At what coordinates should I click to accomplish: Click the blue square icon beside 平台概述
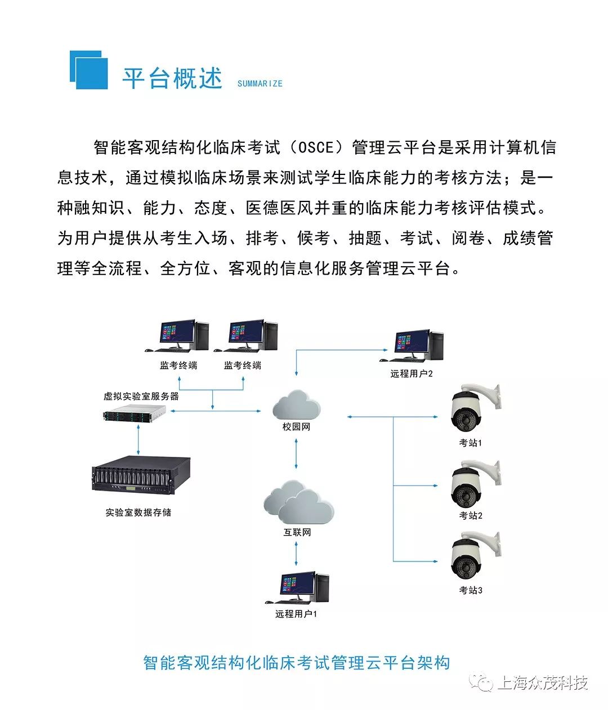(x=89, y=70)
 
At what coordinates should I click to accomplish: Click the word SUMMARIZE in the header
(x=260, y=83)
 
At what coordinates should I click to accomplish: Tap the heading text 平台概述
(x=172, y=78)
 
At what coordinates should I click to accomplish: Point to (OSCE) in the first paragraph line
(x=316, y=148)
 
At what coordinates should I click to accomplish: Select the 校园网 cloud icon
(x=296, y=404)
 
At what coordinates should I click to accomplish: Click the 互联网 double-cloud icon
(x=298, y=502)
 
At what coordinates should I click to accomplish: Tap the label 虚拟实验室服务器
(x=141, y=397)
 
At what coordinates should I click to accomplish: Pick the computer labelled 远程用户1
(x=297, y=588)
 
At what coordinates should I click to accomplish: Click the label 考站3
(x=471, y=590)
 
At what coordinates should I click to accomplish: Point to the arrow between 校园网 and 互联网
(x=296, y=454)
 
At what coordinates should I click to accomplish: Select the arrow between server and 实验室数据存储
(x=138, y=439)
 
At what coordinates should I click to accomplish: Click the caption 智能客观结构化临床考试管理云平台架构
(x=296, y=662)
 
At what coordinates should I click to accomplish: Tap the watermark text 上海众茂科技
(x=543, y=682)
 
